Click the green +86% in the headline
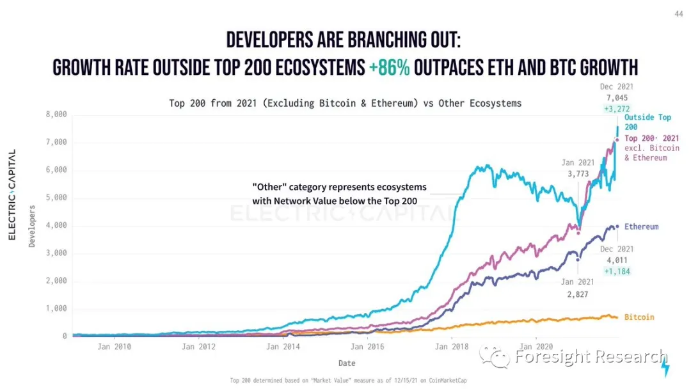389,68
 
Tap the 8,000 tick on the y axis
57,115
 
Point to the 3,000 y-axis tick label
57,253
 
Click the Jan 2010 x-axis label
114,347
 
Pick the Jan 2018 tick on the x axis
452,347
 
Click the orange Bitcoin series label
639,317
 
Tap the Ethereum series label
641,227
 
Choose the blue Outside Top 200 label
647,122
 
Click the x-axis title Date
347,363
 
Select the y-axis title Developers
32,226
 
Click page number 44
678,13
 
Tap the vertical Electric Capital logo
12,195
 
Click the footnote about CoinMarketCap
346,381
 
